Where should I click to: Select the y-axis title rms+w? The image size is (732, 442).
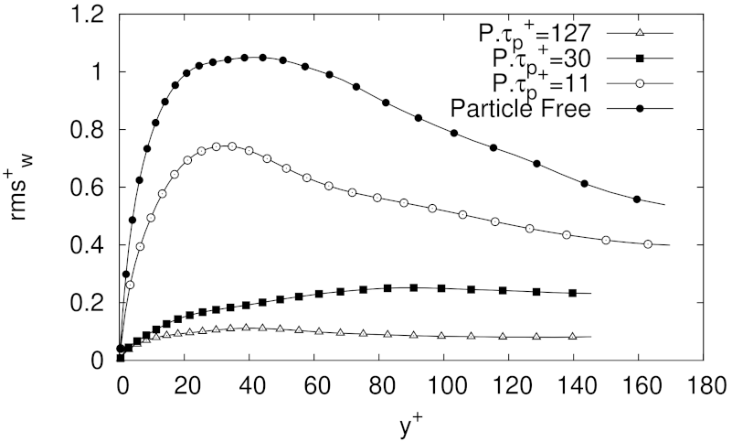click(27, 188)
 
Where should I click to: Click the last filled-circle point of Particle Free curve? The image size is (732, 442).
click(638, 199)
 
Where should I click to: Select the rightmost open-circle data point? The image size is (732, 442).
click(648, 244)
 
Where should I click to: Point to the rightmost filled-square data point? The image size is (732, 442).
click(573, 293)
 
